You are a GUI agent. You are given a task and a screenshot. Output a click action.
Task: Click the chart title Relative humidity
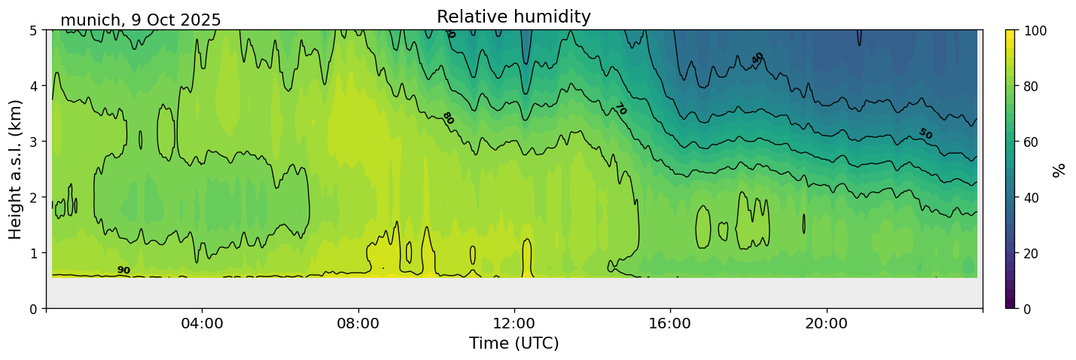(514, 17)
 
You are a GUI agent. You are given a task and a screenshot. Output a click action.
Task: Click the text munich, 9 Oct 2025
(141, 20)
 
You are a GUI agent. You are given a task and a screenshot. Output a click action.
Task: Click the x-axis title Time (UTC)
(514, 343)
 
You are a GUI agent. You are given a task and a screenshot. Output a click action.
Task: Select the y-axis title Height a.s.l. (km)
(16, 169)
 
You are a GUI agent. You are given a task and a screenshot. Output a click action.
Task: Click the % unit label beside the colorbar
(1059, 169)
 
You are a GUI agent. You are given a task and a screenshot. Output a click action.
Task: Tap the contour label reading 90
(123, 270)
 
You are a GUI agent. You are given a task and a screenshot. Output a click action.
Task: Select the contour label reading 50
(925, 134)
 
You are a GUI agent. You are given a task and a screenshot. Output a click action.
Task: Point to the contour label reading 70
(620, 109)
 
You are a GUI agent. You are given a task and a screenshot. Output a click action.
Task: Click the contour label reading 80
(448, 118)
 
